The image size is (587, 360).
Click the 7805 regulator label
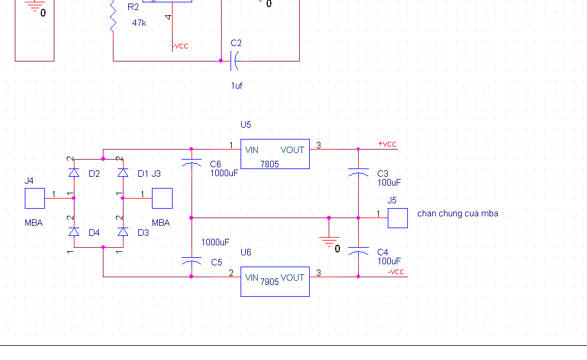(x=270, y=164)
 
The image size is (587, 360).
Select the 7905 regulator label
(x=270, y=282)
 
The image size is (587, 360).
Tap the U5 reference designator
(x=246, y=125)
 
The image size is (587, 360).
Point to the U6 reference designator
(x=246, y=252)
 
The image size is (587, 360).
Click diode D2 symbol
(x=74, y=173)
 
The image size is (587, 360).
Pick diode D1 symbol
(x=123, y=173)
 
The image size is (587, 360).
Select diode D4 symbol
(x=74, y=232)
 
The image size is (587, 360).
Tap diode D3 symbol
(x=123, y=232)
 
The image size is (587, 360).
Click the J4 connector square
(x=35, y=199)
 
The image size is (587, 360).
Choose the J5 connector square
(x=398, y=218)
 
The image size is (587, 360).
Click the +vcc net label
(x=387, y=144)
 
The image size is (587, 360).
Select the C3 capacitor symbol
(x=358, y=172)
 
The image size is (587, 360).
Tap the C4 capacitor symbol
(x=358, y=251)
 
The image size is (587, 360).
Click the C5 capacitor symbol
(x=191, y=261)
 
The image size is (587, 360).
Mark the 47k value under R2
(x=139, y=22)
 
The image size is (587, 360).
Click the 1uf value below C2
(x=236, y=86)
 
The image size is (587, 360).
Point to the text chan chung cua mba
(x=458, y=213)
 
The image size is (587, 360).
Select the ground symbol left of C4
(x=329, y=239)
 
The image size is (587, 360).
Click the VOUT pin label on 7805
(x=293, y=150)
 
